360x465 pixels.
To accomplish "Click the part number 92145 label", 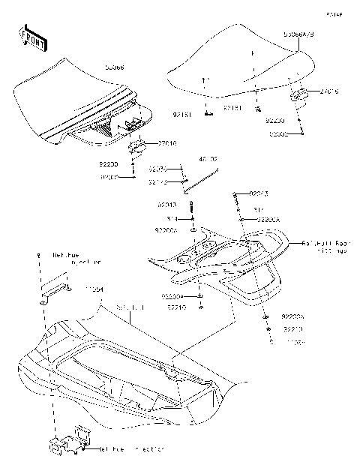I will coord(158,181).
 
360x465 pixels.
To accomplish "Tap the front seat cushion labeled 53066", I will coord(75,105).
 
